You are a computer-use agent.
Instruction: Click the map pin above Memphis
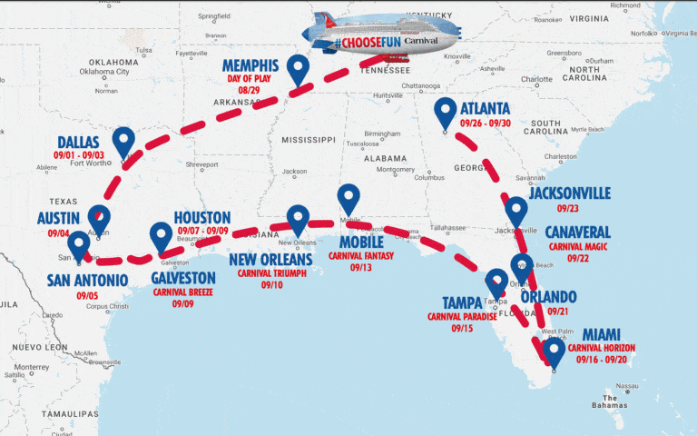pos(297,68)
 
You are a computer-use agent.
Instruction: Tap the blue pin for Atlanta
pos(445,112)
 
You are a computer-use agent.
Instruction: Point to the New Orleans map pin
pos(298,220)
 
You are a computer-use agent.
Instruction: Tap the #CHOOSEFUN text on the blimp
pos(364,43)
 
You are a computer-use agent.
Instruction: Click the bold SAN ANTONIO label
pos(88,281)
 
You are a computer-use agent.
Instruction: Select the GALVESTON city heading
pos(184,277)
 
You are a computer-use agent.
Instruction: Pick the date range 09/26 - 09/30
pos(486,124)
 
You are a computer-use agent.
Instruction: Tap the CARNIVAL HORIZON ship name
pos(602,348)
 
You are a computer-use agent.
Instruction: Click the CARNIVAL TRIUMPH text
pos(272,272)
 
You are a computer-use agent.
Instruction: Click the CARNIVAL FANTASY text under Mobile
pos(361,256)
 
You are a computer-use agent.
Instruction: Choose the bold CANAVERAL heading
pos(579,233)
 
